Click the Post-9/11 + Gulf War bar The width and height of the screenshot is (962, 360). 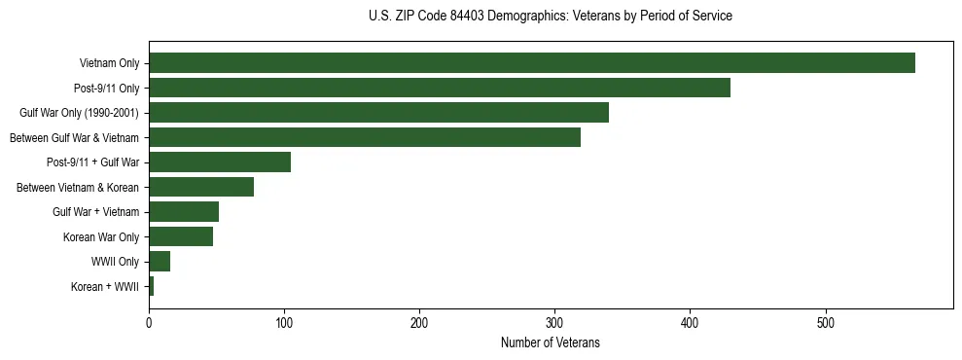pos(219,162)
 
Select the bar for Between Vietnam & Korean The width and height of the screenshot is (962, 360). pos(200,187)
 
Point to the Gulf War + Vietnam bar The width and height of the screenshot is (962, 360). pos(183,212)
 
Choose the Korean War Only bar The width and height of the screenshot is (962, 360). pos(180,236)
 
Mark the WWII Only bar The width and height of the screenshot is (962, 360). pos(160,262)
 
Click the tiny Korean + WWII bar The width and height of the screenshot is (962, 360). pos(151,286)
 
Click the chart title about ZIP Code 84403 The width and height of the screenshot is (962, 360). pos(551,17)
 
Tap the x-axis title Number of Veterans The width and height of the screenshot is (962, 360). pos(550,343)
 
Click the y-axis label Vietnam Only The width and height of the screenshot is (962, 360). pos(109,64)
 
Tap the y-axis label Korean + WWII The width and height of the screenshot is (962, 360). pos(105,287)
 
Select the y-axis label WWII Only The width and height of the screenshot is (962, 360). pos(115,262)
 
